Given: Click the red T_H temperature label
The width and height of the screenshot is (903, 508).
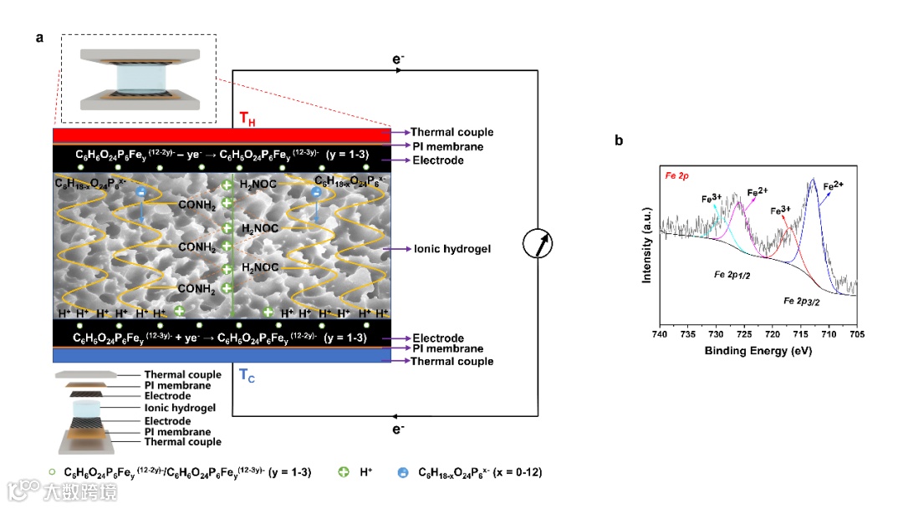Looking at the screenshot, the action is [x=247, y=119].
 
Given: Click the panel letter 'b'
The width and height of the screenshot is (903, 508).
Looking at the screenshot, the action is [x=619, y=140].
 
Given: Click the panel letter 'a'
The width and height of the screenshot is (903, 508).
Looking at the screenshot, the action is [x=39, y=38].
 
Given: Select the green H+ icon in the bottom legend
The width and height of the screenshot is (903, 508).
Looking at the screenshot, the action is [x=343, y=472].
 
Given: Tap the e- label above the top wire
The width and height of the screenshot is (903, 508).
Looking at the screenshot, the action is [x=399, y=58].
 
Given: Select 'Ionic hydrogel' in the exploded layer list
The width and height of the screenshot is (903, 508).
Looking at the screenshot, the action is [x=180, y=408].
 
